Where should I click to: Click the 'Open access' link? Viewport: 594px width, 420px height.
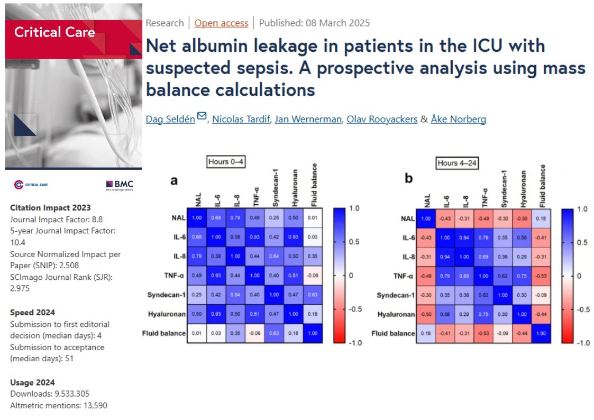click(221, 23)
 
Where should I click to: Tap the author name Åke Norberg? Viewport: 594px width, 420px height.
click(458, 119)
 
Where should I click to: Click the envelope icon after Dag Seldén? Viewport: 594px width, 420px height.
click(202, 116)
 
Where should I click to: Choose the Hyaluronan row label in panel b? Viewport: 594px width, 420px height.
click(395, 314)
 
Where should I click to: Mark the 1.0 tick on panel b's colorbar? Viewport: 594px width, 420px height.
click(581, 209)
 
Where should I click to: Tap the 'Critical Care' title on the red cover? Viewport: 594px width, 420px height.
click(55, 33)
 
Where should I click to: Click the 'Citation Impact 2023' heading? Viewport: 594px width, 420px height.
click(50, 207)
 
